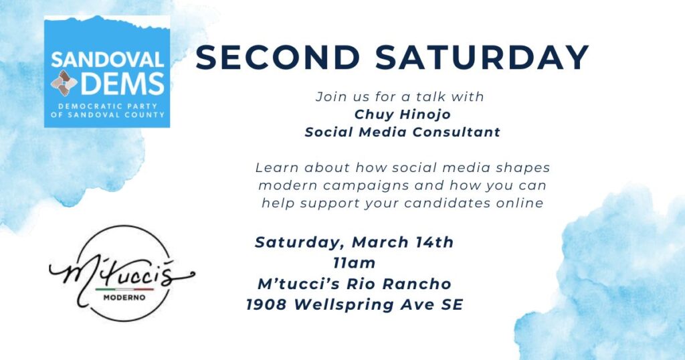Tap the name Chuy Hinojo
(x=399, y=114)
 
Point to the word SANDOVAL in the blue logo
(x=107, y=60)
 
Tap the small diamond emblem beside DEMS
(x=64, y=84)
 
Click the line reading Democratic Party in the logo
(x=108, y=106)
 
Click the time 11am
(x=354, y=263)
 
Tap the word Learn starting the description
(x=275, y=167)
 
